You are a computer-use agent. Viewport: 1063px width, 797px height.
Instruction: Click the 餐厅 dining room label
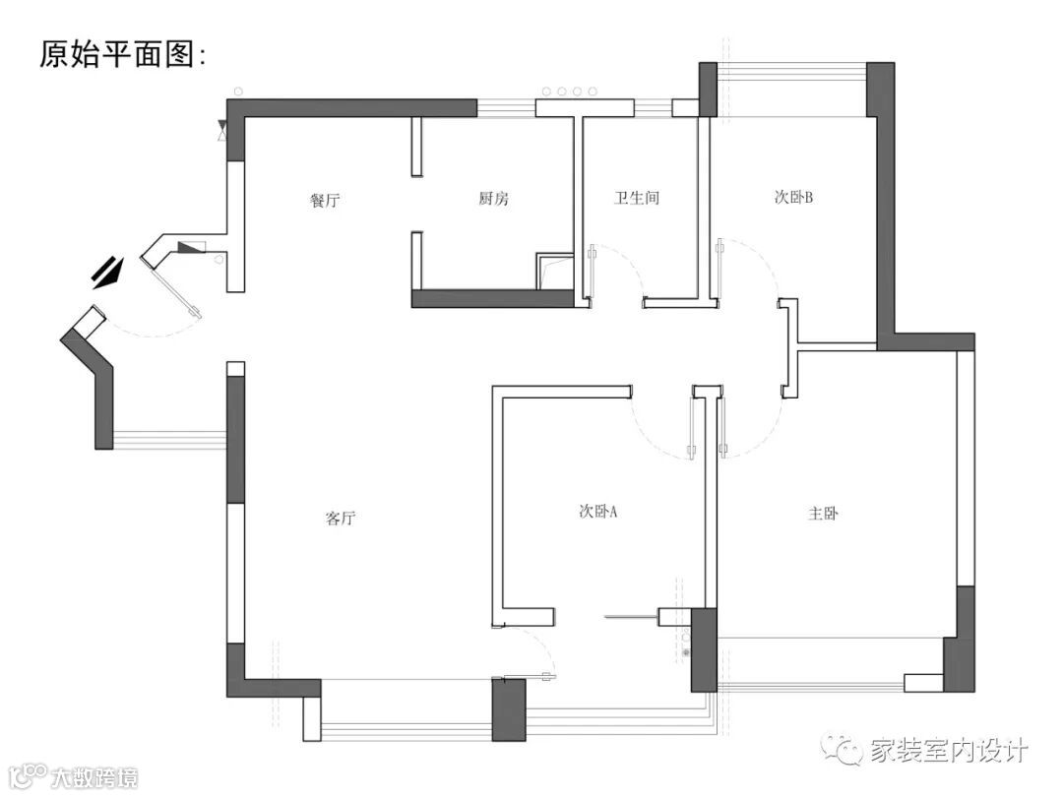click(x=325, y=200)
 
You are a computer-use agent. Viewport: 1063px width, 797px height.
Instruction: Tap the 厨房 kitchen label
click(x=493, y=199)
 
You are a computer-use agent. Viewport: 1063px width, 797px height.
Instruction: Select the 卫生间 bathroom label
click(x=636, y=198)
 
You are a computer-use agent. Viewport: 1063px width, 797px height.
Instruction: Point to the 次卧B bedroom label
click(x=792, y=197)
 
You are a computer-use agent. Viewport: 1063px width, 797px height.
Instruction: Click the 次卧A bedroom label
click(x=597, y=512)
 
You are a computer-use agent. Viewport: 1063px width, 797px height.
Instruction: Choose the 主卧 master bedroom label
click(x=822, y=513)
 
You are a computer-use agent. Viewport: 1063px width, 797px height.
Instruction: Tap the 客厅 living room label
click(x=340, y=518)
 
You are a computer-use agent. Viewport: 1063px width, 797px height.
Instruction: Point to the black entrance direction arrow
click(x=108, y=271)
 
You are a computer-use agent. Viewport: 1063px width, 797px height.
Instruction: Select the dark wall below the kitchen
click(x=492, y=298)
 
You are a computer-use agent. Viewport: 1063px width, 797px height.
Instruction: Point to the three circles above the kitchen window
click(x=562, y=92)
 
